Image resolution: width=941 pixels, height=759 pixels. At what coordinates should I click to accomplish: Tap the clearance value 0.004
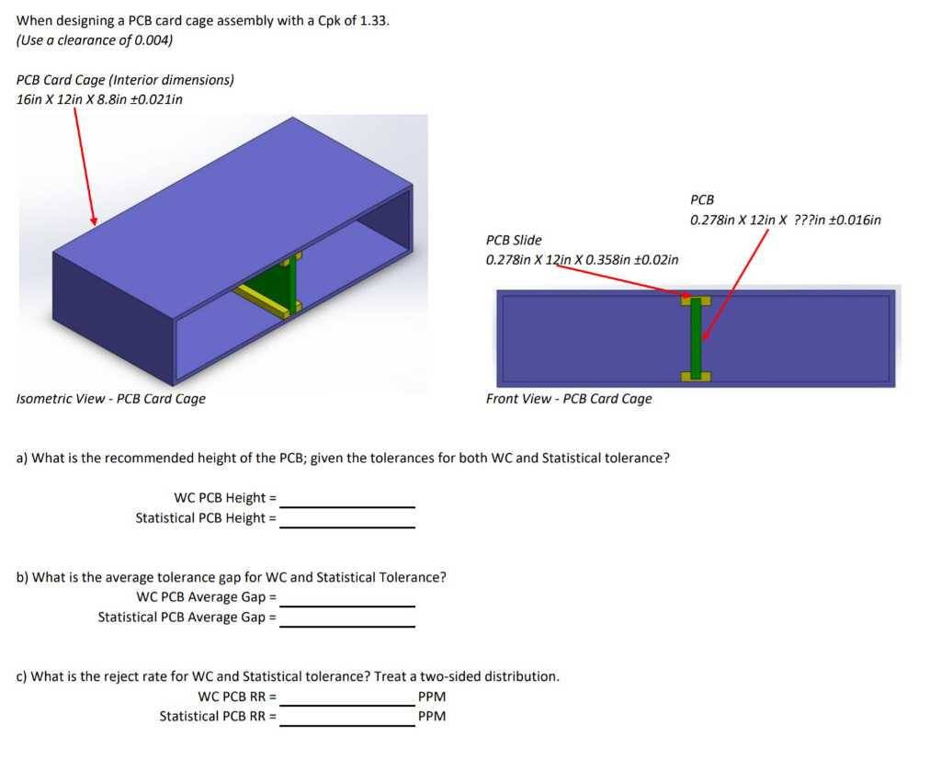[x=154, y=40]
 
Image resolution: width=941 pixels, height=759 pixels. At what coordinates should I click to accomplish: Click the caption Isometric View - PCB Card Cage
[x=111, y=399]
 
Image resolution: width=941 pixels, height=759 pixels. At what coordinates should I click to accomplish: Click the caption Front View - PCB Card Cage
[x=569, y=399]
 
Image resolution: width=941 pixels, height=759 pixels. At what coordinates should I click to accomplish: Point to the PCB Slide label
[x=514, y=240]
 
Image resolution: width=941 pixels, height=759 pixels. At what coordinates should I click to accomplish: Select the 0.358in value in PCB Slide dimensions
[x=599, y=259]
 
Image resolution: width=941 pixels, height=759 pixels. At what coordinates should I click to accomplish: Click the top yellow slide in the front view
[x=696, y=300]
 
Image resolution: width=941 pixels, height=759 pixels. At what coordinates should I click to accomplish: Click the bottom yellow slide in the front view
[x=696, y=376]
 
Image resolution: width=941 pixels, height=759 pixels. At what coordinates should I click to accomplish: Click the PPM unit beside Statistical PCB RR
[x=431, y=717]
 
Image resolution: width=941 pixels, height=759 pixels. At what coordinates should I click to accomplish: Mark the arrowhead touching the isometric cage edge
[x=93, y=221]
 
